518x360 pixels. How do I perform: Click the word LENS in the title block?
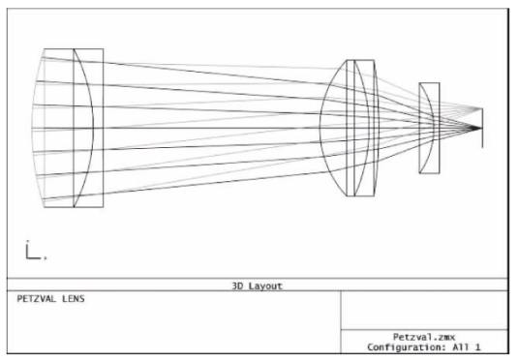pos(74,299)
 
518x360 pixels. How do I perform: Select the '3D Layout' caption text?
pos(257,286)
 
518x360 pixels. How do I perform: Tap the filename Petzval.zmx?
pos(424,337)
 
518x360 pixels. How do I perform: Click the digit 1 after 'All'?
pos(477,347)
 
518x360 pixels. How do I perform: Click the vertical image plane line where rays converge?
pos(482,128)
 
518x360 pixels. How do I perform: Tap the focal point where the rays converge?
pos(480,128)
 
